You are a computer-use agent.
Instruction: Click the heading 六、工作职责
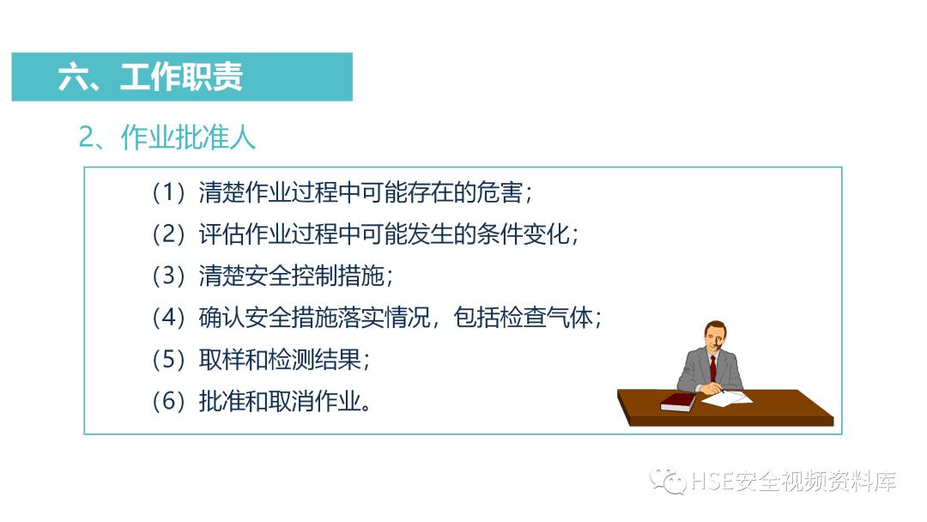[x=150, y=77]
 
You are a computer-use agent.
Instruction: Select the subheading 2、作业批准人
[x=167, y=137]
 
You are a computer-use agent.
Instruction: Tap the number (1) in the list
[x=169, y=192]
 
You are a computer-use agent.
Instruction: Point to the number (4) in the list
[x=169, y=319]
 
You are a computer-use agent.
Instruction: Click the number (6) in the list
[x=169, y=402]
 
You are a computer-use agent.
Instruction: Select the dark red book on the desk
[x=678, y=401]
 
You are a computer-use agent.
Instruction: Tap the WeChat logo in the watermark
[x=667, y=482]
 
